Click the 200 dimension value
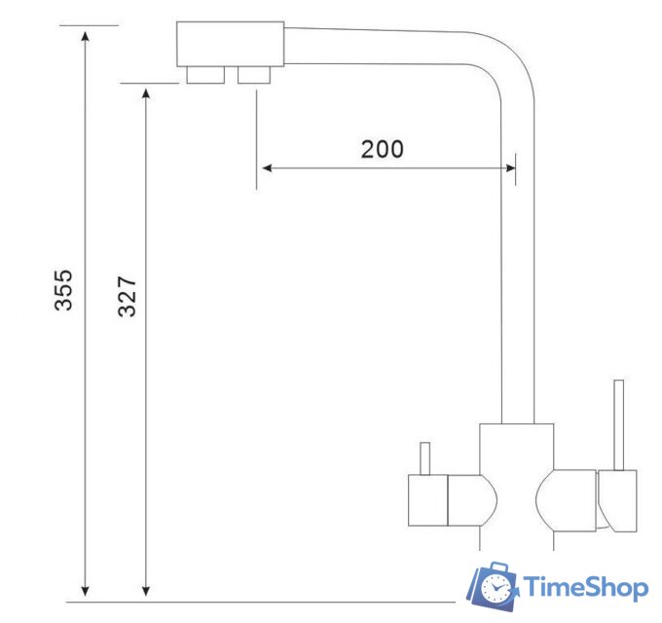(x=382, y=149)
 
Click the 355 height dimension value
(x=63, y=290)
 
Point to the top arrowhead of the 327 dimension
(x=146, y=94)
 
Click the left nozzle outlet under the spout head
(x=203, y=75)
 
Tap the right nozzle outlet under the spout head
(x=255, y=75)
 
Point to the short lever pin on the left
(x=424, y=458)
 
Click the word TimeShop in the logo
(x=586, y=587)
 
